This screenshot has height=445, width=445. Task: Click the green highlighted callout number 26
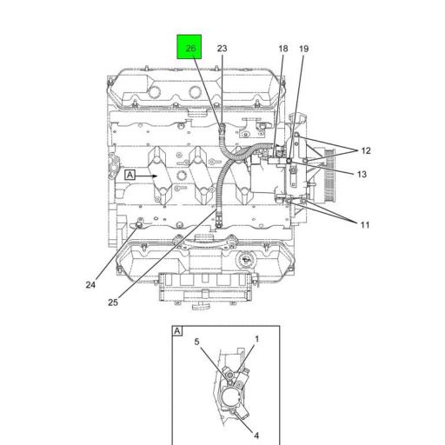coord(189,48)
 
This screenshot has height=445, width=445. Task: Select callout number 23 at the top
coord(222,49)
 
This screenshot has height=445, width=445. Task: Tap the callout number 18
coord(282,49)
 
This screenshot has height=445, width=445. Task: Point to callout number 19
coord(303,49)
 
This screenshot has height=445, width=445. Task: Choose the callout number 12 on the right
coord(365,150)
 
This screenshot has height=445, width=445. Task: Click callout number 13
coord(361,174)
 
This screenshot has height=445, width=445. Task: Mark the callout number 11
coord(365,225)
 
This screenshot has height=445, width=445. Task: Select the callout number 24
coord(90,285)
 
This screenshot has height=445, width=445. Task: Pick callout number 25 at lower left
coord(113,302)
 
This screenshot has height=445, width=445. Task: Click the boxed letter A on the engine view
coord(130,175)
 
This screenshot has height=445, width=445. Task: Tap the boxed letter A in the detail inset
coord(177,331)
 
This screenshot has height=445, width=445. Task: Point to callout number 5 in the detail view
coord(197,342)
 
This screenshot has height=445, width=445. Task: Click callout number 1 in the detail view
coord(256,339)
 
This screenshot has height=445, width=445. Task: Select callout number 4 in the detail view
coord(256,435)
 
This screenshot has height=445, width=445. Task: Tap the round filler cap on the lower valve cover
coord(246,259)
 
